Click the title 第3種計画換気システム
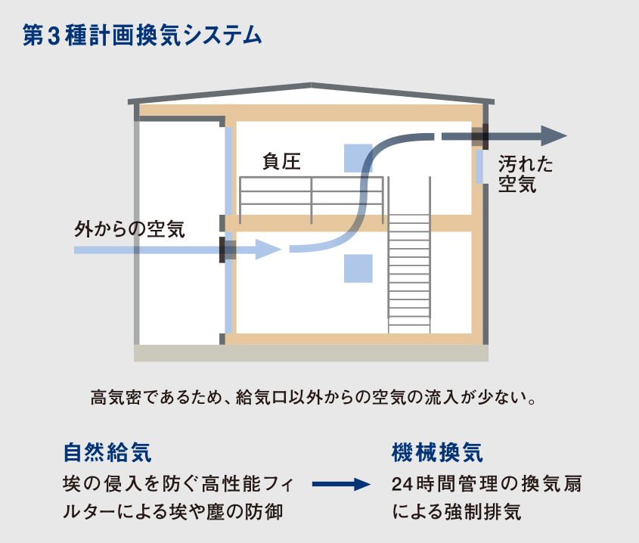click(x=144, y=36)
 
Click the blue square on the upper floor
click(x=358, y=157)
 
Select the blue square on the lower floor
click(x=358, y=268)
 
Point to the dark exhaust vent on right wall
click(x=479, y=136)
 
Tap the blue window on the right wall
click(x=479, y=166)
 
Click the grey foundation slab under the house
click(x=311, y=353)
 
